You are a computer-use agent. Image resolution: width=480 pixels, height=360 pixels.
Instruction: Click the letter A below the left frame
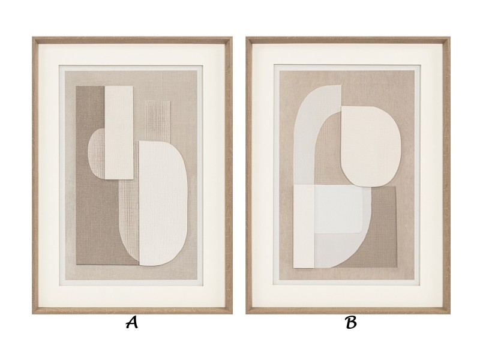(x=132, y=322)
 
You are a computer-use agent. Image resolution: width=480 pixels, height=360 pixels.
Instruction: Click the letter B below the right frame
(x=351, y=322)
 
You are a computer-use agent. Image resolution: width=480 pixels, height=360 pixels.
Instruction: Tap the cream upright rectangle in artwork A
(x=119, y=132)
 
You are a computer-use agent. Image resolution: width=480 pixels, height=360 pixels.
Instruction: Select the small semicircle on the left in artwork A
(x=97, y=153)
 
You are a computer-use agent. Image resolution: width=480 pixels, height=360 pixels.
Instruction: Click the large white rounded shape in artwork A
(x=163, y=203)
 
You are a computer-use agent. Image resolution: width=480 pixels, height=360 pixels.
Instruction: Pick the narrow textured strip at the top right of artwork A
(x=158, y=121)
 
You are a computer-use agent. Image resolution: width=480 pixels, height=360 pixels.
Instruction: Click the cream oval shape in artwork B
(x=371, y=146)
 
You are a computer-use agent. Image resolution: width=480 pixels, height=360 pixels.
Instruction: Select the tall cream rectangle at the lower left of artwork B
(x=304, y=227)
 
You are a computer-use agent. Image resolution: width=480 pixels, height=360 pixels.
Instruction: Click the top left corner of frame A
(x=32, y=37)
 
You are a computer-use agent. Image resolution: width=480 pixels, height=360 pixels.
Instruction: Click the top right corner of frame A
(x=233, y=37)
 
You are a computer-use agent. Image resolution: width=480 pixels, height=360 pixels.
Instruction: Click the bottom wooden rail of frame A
(x=132, y=311)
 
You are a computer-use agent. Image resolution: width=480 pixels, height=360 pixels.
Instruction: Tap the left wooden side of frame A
(x=35, y=176)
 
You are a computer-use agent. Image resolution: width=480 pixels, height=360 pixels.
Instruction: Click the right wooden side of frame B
(x=446, y=176)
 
